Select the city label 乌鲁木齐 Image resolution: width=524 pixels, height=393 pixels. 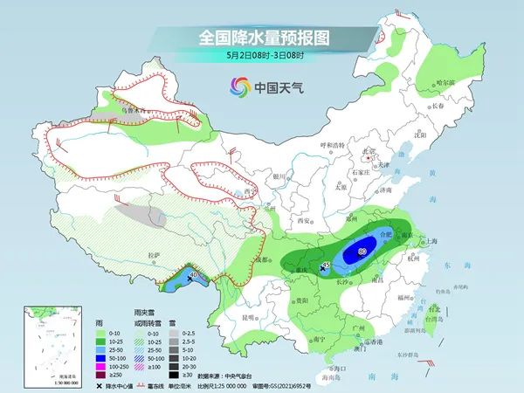[132, 112]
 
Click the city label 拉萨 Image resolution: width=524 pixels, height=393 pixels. [154, 253]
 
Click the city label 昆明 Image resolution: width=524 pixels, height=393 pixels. [252, 315]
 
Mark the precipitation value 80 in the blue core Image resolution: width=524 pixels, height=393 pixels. [361, 252]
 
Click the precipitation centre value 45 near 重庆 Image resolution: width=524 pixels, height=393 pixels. [325, 264]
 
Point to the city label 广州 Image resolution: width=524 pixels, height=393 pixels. [355, 327]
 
